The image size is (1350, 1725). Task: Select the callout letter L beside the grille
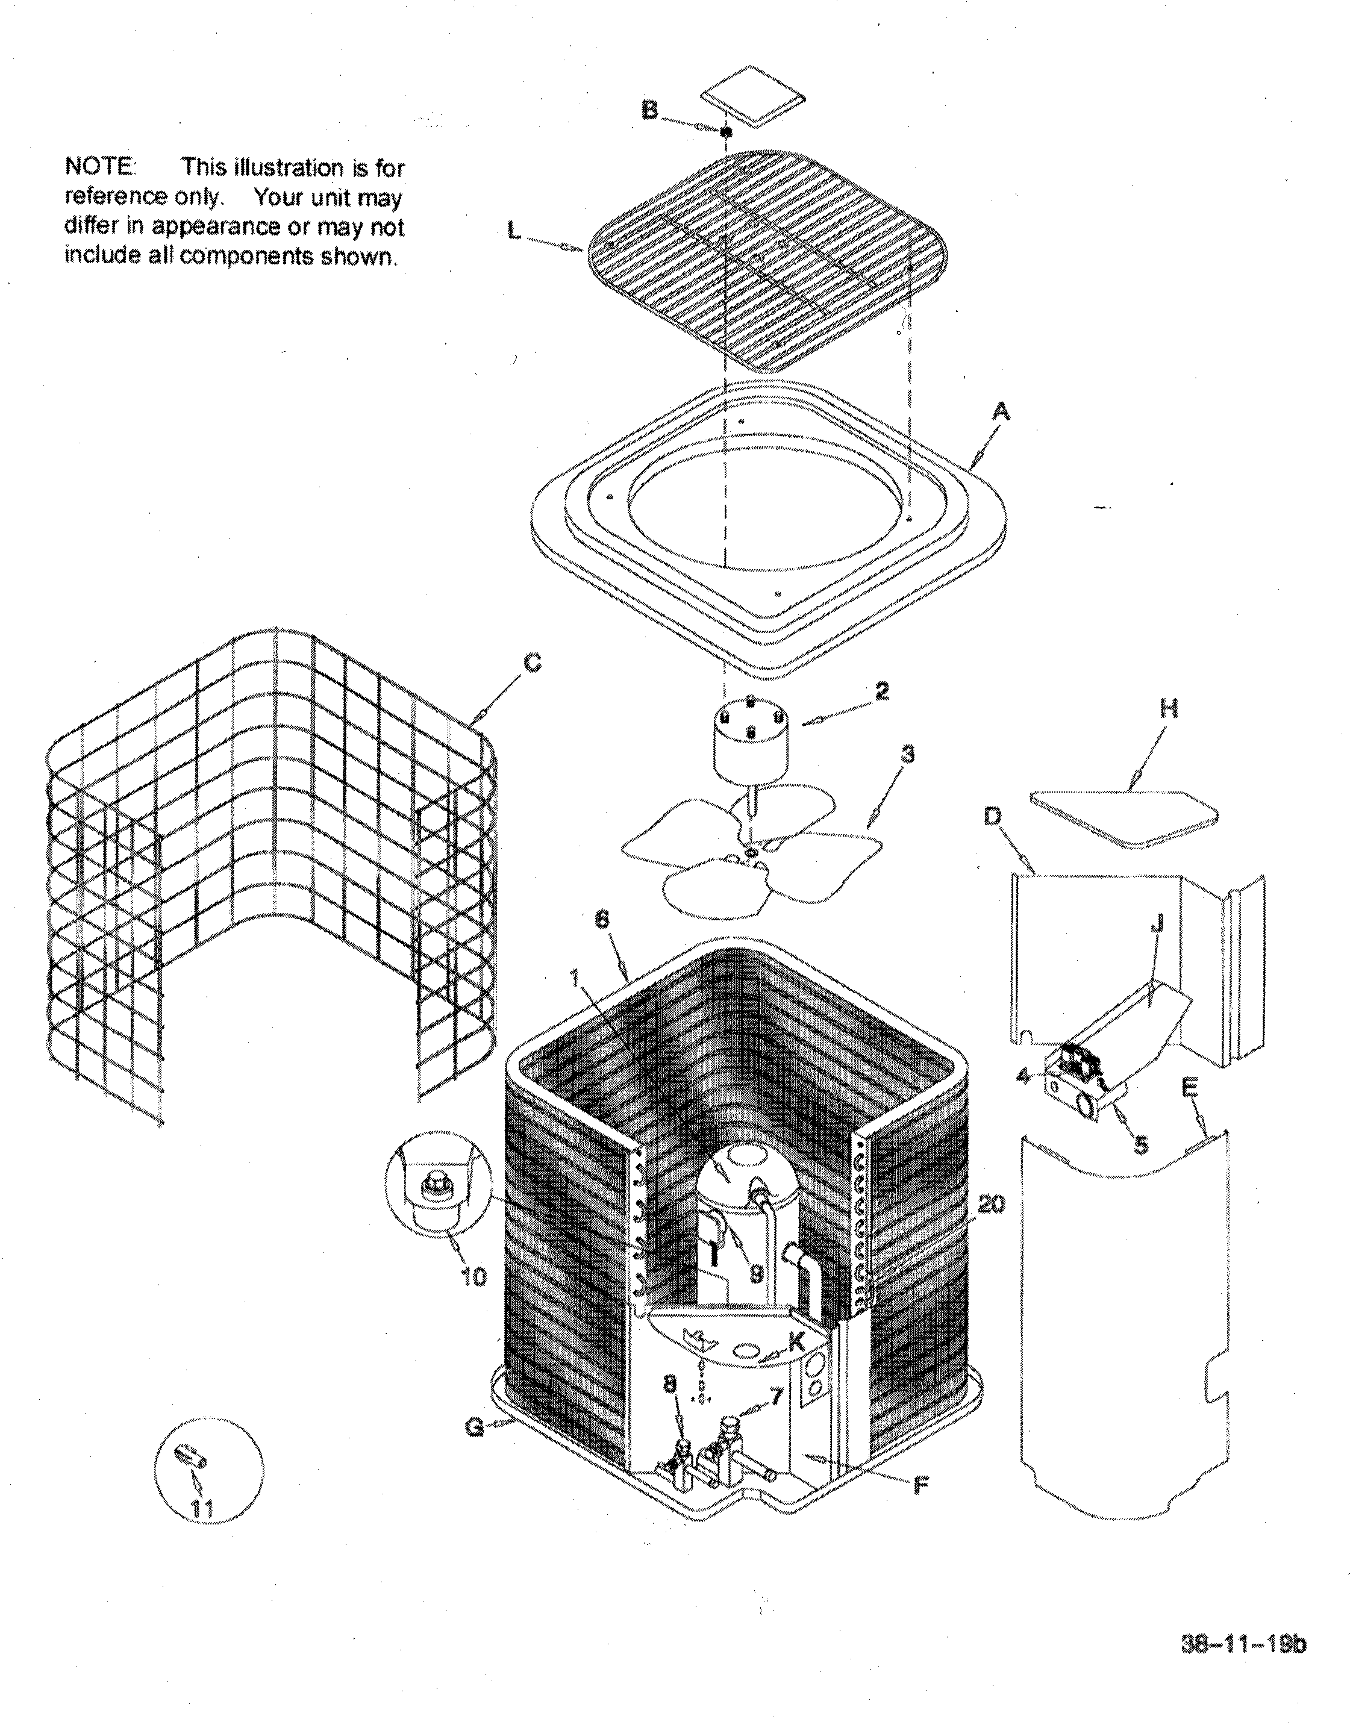point(514,231)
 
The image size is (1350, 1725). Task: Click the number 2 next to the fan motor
point(881,691)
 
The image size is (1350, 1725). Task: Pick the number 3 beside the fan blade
point(908,755)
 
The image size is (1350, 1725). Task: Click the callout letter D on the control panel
point(993,816)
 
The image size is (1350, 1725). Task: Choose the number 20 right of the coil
point(990,1204)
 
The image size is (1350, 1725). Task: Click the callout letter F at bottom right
point(920,1486)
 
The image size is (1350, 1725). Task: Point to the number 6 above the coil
point(602,922)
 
